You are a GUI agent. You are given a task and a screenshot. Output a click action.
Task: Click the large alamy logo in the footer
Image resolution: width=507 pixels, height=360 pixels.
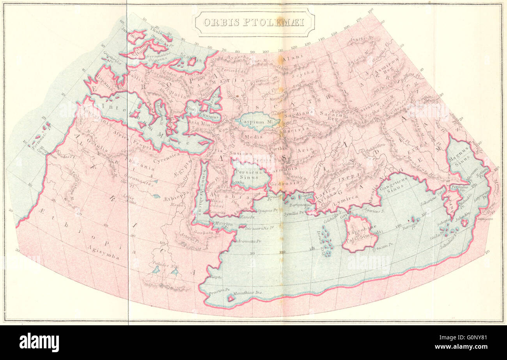[x=39, y=342]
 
